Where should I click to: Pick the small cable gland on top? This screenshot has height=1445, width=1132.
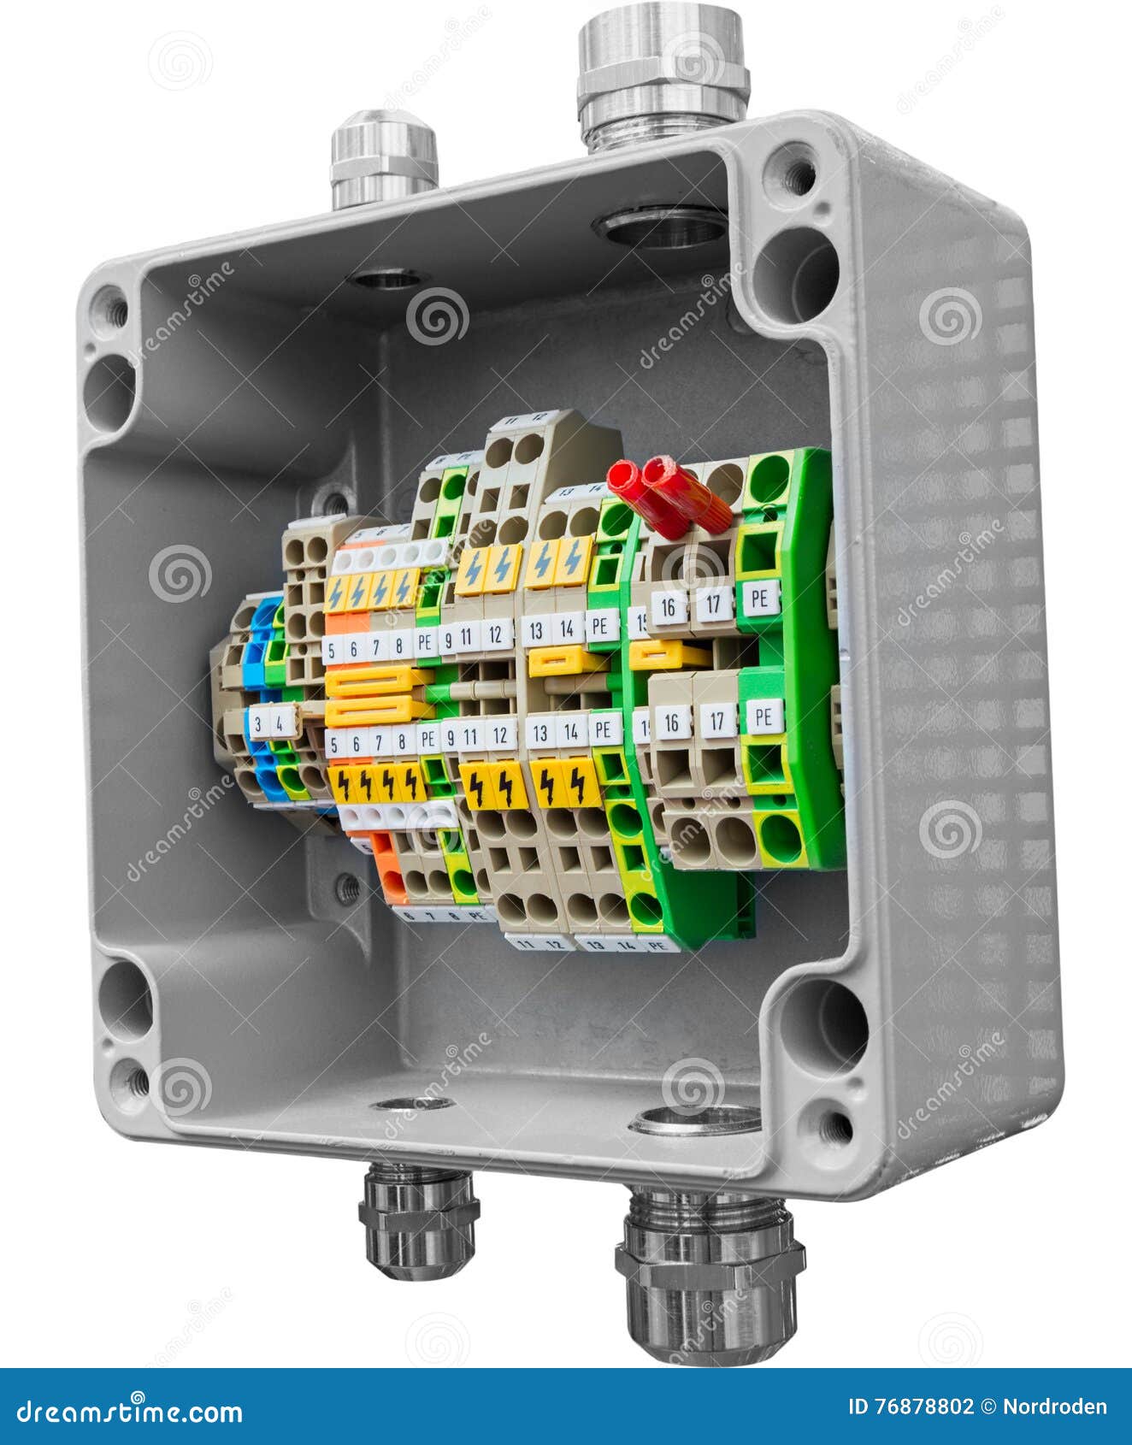[383, 160]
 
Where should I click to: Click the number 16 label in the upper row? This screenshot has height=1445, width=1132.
[669, 607]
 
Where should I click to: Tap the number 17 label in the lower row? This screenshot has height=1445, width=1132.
[716, 722]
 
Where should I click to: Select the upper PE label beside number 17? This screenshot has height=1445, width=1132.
[758, 599]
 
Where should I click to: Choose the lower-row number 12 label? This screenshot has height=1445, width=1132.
[501, 734]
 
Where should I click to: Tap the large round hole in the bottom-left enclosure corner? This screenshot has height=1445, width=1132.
[125, 998]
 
